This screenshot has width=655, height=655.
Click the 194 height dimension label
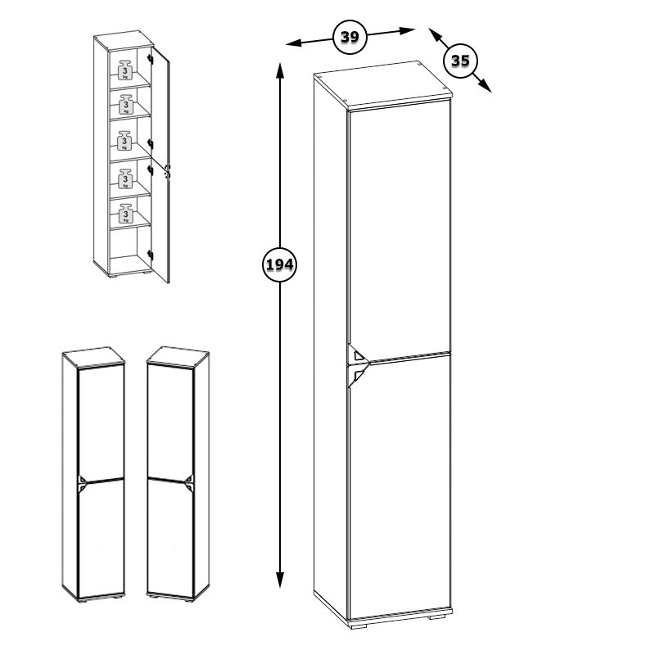click(279, 264)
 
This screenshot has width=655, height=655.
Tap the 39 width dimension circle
click(350, 37)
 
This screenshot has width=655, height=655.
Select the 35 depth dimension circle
click(460, 61)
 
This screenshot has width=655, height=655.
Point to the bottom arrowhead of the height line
click(280, 580)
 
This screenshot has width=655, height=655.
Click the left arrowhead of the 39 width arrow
click(293, 43)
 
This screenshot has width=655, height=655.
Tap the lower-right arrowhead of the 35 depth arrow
click(485, 85)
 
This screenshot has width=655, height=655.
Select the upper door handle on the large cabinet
click(358, 355)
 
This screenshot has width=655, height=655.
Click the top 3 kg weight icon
click(125, 70)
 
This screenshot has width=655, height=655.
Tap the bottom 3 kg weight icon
click(125, 214)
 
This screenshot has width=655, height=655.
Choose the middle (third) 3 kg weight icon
click(124, 141)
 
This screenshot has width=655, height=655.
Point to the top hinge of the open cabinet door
click(151, 59)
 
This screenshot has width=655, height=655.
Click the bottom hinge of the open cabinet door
click(150, 255)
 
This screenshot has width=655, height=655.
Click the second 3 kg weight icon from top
click(125, 105)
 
